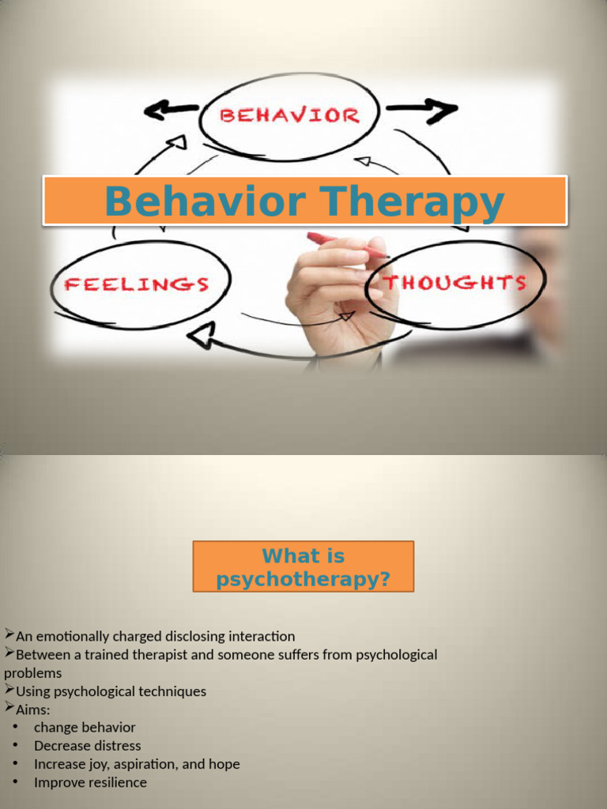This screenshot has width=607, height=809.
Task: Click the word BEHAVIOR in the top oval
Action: [289, 116]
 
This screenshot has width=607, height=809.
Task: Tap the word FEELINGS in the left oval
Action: [137, 284]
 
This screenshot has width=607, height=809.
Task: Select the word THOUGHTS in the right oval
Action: [455, 283]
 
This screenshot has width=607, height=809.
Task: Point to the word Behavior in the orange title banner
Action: [204, 201]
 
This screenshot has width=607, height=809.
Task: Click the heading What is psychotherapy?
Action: [303, 567]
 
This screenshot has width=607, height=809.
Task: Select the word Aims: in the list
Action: [33, 709]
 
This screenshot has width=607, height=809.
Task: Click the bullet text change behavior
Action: [85, 728]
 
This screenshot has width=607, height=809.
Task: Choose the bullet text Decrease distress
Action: [87, 746]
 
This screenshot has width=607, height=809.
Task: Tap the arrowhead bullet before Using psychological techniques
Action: [9, 689]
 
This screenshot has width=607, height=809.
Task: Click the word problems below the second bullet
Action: [32, 673]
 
